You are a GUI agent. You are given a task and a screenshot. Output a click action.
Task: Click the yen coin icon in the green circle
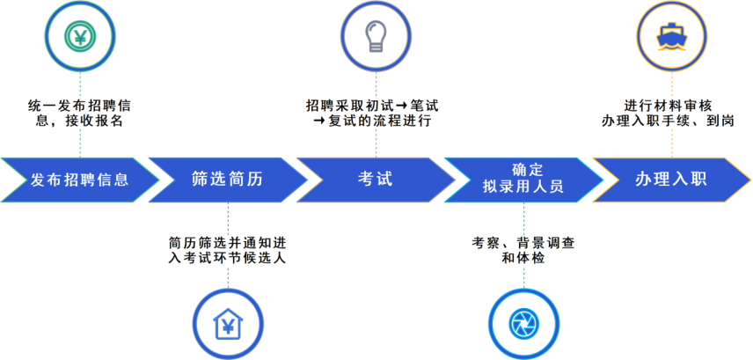80,36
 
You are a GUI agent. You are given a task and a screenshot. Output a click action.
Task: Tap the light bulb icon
376,36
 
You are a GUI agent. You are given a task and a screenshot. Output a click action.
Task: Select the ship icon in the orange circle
671,37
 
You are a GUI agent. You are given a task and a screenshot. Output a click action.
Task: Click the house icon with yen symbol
228,323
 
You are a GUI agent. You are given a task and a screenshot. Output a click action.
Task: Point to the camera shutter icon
523,323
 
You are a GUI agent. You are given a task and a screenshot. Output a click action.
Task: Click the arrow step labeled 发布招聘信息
80,180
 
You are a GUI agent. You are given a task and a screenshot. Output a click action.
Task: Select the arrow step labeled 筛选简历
228,180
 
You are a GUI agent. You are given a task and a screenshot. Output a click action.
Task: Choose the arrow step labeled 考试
376,180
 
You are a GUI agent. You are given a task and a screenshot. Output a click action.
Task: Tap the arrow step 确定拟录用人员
523,180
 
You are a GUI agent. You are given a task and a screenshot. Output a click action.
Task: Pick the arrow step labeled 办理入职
671,180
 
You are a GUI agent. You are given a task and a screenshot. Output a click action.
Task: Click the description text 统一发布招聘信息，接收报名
80,113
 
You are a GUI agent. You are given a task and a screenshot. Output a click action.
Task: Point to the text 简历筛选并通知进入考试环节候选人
228,249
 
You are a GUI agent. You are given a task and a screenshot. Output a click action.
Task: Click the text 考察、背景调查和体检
523,249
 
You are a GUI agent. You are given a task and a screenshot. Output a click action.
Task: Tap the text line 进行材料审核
671,105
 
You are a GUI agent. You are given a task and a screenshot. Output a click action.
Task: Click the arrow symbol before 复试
319,121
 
